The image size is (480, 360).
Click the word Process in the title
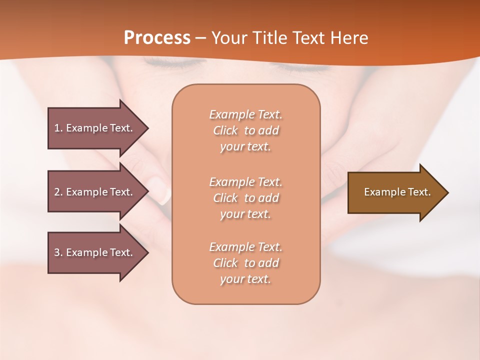[157, 37]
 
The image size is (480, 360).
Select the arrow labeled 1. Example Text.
[95, 128]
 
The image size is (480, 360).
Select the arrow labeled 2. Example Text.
[95, 192]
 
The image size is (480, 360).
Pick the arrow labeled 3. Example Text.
[95, 252]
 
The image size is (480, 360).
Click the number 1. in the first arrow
[58, 128]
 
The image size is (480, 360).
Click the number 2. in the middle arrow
[58, 192]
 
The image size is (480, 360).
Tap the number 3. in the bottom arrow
[58, 252]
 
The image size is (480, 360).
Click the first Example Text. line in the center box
[245, 114]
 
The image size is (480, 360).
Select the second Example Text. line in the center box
[245, 181]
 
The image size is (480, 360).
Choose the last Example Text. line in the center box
[245, 247]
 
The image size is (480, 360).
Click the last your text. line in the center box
[245, 279]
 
